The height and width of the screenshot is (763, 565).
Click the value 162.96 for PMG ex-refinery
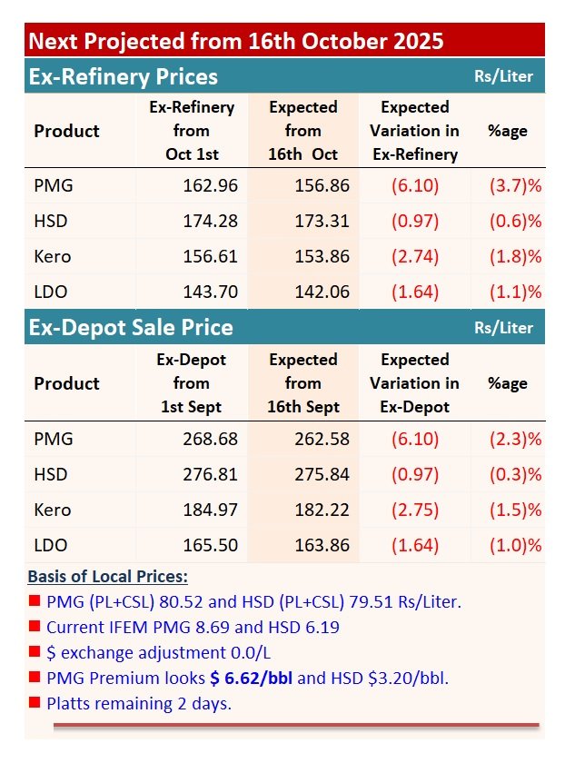[x=210, y=185]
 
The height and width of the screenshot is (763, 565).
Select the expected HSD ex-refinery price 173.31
[x=322, y=221]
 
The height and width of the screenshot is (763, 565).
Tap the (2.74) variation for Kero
[x=415, y=256]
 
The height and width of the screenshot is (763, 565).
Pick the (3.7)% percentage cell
[x=515, y=185]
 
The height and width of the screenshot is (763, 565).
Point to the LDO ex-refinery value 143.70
[x=210, y=292]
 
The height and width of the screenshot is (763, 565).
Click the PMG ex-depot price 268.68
[x=210, y=439]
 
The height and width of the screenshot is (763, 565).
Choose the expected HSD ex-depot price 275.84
[x=322, y=474]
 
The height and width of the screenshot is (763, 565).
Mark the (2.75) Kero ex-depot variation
[x=415, y=510]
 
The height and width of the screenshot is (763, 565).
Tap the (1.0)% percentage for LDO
[x=515, y=546]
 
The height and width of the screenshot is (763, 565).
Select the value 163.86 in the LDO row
[x=322, y=546]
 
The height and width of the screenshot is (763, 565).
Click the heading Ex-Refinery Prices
[x=124, y=77]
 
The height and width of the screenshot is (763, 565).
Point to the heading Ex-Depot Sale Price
[x=131, y=328]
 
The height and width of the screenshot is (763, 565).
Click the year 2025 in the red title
[x=418, y=41]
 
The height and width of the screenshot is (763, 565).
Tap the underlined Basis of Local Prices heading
[x=107, y=577]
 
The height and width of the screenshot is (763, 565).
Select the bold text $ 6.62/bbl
[x=251, y=679]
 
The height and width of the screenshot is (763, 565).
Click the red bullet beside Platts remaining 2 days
[x=35, y=702]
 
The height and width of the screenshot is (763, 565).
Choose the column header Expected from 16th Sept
[x=302, y=383]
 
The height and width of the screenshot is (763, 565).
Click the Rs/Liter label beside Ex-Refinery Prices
[x=503, y=76]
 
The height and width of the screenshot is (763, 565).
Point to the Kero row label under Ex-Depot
[x=53, y=510]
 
